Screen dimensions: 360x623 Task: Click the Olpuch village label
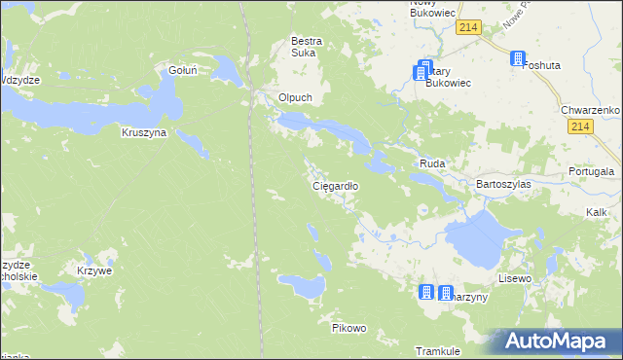click(295, 98)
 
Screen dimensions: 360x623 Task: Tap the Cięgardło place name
click(335, 185)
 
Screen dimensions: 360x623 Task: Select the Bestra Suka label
click(307, 48)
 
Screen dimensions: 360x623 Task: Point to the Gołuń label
click(183, 70)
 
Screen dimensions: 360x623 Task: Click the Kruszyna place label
click(144, 132)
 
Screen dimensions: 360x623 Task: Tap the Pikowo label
click(348, 328)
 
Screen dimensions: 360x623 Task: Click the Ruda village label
click(431, 164)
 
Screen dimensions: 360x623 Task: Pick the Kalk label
click(597, 211)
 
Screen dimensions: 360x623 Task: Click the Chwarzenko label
click(590, 111)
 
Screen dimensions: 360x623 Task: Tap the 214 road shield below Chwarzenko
click(582, 127)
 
